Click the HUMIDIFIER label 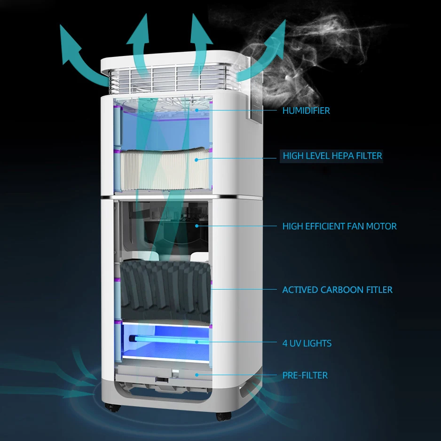[x=306, y=111]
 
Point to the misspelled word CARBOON [x=332, y=290]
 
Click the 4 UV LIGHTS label [x=307, y=343]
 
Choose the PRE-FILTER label [x=305, y=375]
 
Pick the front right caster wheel [x=222, y=415]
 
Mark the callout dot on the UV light [x=196, y=342]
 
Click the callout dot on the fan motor [x=197, y=226]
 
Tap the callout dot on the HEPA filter [x=196, y=159]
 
